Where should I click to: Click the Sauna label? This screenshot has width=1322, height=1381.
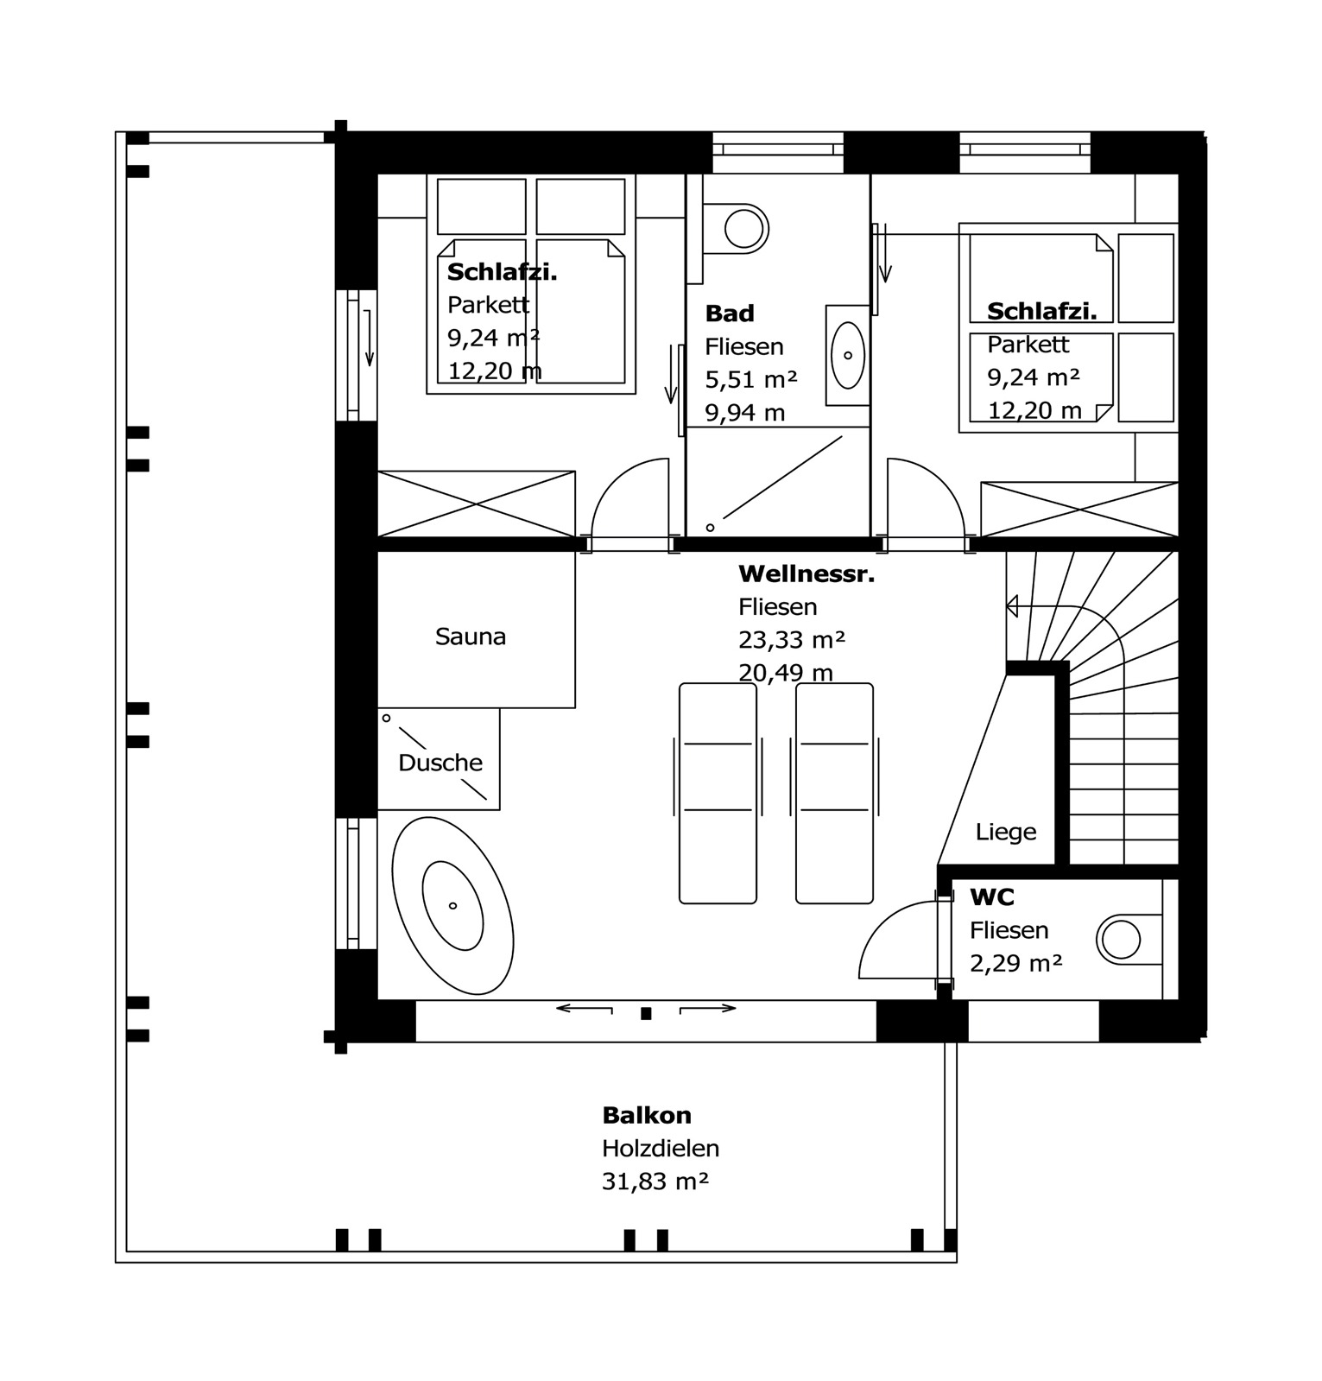click(470, 637)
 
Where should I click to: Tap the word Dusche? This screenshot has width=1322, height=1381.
click(440, 763)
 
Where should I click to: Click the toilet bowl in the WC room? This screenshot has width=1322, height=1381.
click(1120, 940)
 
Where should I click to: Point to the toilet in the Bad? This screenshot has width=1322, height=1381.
click(743, 230)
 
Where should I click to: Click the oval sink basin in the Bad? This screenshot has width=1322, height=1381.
click(847, 355)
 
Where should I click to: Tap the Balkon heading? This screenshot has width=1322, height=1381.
click(647, 1116)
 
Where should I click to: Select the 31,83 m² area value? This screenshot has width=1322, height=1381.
click(655, 1181)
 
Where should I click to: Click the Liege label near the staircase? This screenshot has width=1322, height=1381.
click(1005, 833)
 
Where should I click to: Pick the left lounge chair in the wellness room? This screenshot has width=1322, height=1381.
click(718, 793)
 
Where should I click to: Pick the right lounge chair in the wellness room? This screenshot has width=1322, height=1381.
click(834, 793)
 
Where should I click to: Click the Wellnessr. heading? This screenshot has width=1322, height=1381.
click(806, 574)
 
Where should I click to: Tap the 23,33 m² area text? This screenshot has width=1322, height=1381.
click(791, 640)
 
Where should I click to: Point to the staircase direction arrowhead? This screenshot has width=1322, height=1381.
click(1012, 606)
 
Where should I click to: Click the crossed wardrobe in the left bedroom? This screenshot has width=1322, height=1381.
click(476, 504)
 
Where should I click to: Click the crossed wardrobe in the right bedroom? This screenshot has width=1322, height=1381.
click(1078, 510)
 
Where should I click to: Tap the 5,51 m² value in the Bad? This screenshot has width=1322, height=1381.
click(750, 380)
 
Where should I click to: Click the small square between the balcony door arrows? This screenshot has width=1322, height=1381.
click(645, 1014)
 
